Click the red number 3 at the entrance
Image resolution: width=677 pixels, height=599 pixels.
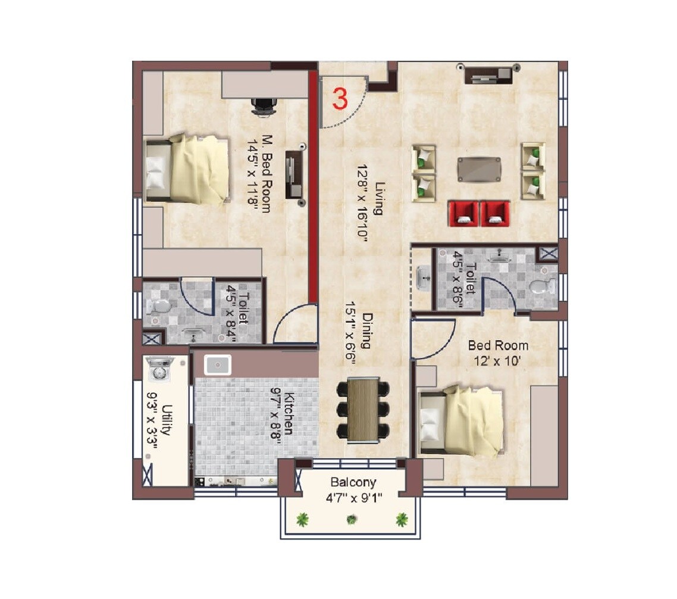coord(340,99)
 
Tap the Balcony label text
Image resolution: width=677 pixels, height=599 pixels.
coord(353,482)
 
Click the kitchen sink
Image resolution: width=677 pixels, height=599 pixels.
coord(218,364)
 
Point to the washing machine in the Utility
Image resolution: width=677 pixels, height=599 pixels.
coord(159,369)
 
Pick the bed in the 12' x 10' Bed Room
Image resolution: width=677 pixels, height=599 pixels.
coord(462,420)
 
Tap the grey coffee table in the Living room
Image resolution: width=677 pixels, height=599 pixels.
coord(479,169)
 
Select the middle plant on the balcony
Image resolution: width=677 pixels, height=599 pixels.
coord(352,519)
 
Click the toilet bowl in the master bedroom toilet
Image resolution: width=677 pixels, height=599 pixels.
coord(159,305)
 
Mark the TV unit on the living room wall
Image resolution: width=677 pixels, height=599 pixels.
coord(489,73)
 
